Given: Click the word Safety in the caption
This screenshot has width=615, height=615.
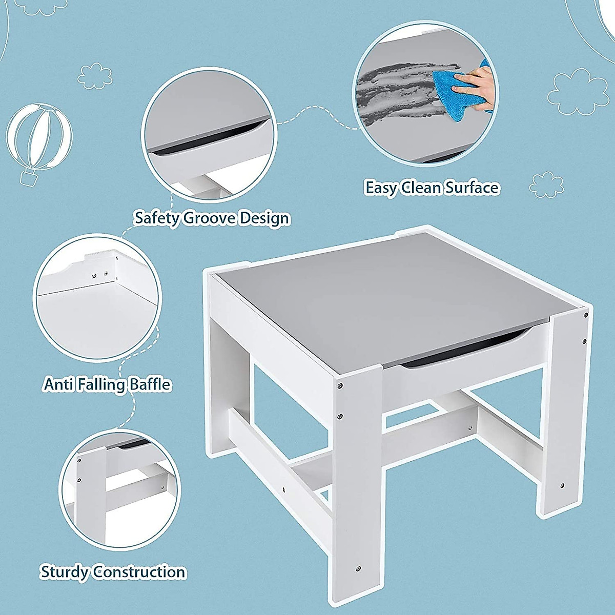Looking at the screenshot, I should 157,218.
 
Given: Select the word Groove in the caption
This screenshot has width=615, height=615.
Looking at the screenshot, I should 210,218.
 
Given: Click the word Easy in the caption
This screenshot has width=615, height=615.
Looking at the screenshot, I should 381,188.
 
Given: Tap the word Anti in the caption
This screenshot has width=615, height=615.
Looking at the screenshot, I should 58,384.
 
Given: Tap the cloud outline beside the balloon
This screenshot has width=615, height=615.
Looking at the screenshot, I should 95,76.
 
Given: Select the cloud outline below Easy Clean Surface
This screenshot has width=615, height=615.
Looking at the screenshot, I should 546,185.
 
